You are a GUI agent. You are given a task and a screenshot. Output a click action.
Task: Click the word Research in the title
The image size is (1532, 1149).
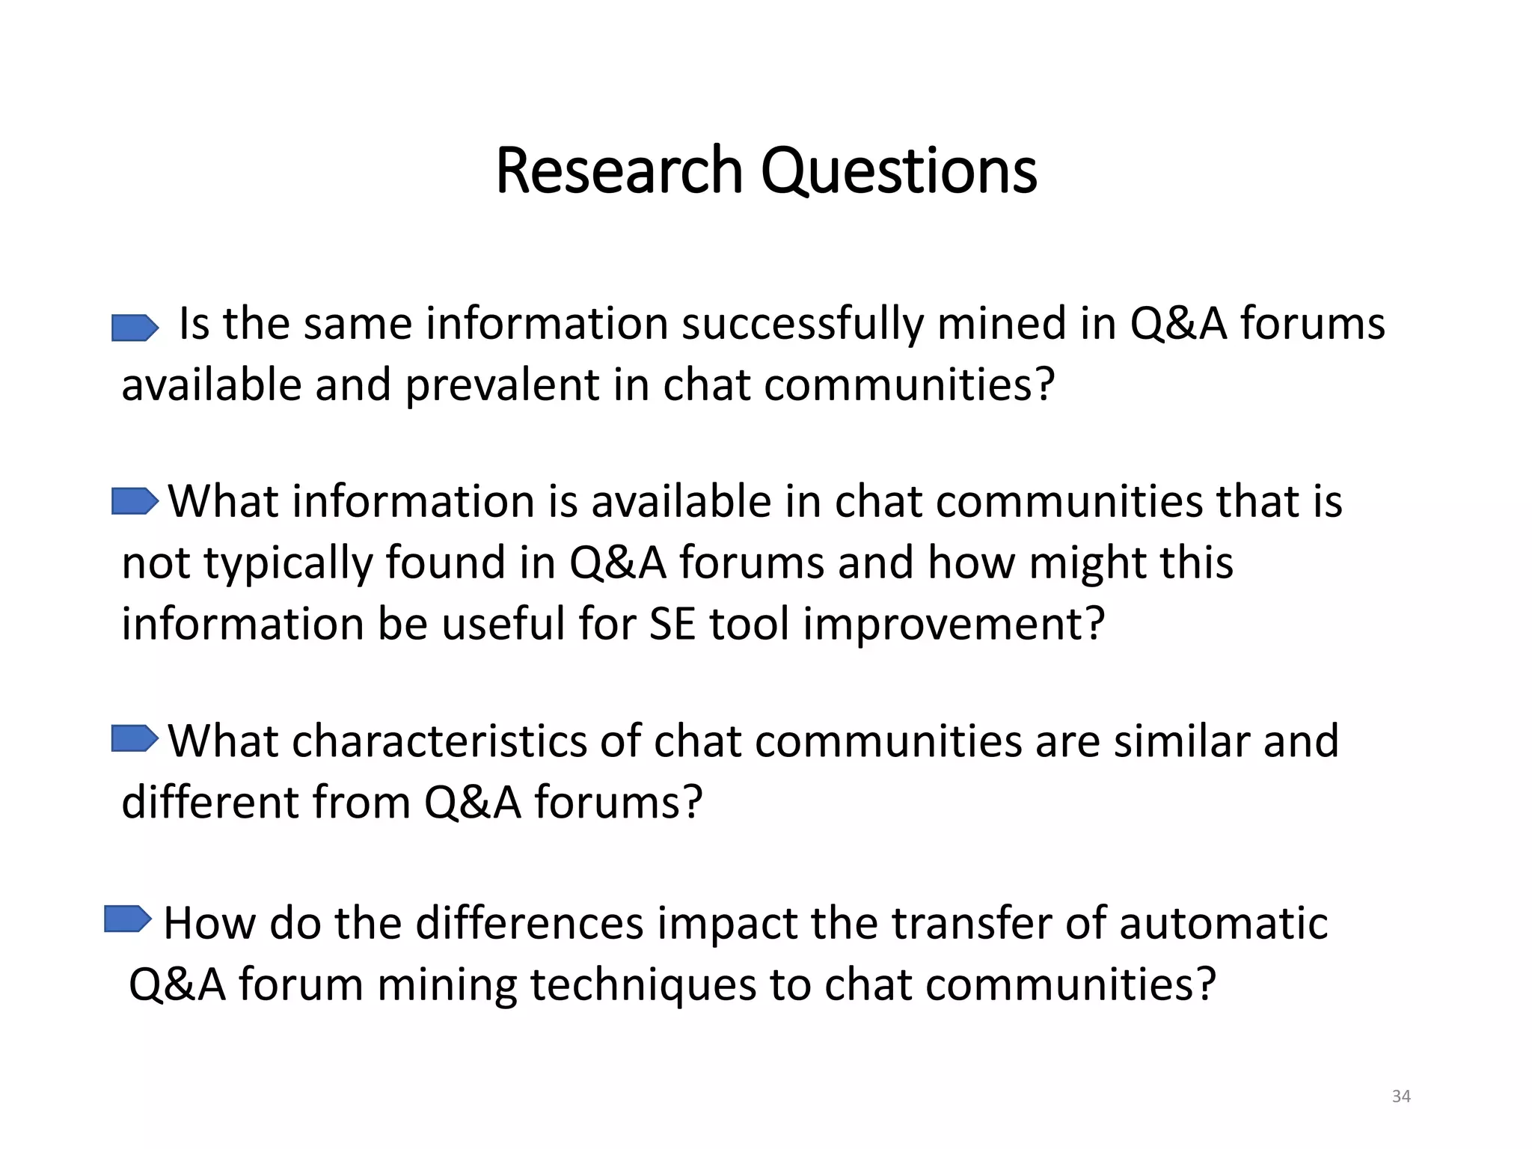(619, 171)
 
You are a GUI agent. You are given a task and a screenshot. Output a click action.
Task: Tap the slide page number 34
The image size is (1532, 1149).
(1401, 1096)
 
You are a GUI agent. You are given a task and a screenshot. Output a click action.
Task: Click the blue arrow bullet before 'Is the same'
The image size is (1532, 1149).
(135, 328)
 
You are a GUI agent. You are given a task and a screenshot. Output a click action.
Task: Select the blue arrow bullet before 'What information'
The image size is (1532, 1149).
(135, 501)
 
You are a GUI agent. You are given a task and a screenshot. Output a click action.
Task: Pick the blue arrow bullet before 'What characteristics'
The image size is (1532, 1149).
(135, 738)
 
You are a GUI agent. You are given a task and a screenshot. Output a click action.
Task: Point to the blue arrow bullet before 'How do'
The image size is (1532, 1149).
(128, 919)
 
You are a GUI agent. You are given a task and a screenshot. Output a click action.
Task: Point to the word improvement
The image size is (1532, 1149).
(954, 624)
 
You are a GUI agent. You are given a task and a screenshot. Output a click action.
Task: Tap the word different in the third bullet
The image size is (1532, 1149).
(209, 803)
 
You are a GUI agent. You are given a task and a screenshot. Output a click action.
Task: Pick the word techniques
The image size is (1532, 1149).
(643, 985)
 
